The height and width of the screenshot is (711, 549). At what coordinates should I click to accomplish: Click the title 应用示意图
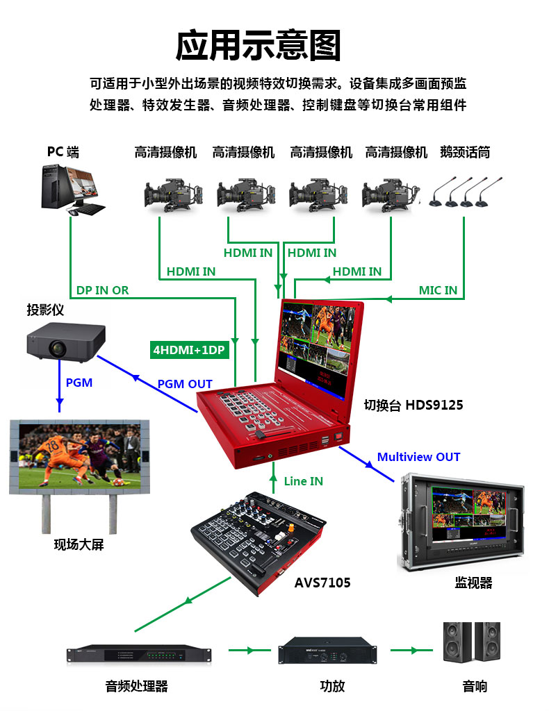[x=258, y=45]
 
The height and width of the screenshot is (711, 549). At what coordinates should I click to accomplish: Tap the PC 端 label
[x=63, y=152]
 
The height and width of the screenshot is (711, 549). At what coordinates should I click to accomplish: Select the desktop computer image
[x=72, y=190]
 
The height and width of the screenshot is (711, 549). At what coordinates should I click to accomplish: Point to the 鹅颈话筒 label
[x=465, y=152]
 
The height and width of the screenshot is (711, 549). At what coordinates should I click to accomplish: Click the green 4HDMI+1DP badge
[x=189, y=350]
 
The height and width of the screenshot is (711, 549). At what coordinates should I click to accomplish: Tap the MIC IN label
[x=438, y=290]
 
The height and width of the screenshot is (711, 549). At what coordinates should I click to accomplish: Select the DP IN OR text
[x=103, y=290]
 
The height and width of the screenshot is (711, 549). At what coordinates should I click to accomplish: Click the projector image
[x=66, y=342]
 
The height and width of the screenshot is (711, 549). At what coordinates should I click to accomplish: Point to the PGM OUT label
[x=185, y=384]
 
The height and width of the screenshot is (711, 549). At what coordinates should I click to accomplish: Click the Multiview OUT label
[x=419, y=457]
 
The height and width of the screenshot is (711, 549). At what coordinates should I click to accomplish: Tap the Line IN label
[x=304, y=481]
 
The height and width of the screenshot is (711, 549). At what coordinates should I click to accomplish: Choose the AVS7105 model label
[x=322, y=583]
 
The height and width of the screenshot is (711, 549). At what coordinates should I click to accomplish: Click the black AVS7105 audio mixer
[x=259, y=542]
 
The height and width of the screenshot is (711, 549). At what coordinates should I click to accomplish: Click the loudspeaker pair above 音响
[x=472, y=642]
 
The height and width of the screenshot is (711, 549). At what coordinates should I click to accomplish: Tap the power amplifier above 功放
[x=327, y=650]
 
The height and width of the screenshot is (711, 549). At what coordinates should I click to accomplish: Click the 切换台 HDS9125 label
[x=413, y=405]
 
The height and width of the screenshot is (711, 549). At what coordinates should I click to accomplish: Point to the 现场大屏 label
[x=79, y=544]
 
